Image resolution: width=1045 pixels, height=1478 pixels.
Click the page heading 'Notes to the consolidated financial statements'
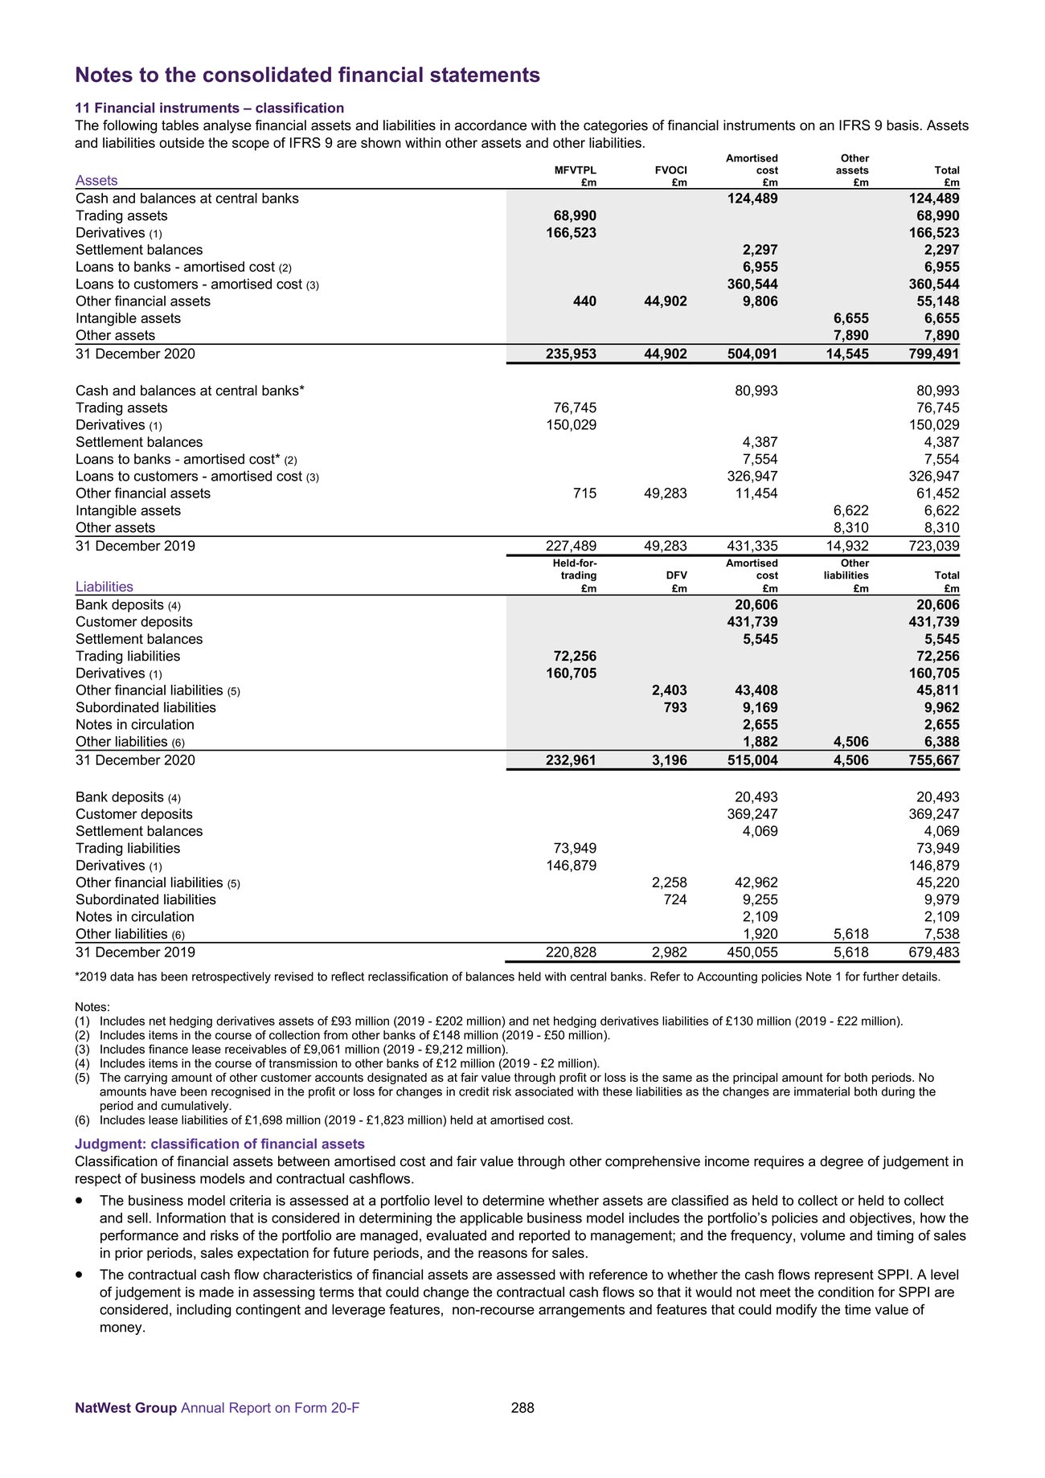click(x=307, y=76)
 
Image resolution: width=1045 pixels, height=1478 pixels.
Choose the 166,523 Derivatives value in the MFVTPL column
click(x=566, y=233)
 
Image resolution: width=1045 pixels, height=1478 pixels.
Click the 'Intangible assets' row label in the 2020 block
click(x=128, y=319)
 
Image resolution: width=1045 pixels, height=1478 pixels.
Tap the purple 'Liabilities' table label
click(x=104, y=588)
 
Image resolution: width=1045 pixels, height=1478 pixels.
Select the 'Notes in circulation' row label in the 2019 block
click(x=135, y=917)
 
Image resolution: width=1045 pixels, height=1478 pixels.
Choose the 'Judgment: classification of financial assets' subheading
click(x=219, y=1144)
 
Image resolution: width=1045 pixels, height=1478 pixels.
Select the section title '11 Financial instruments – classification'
click(x=209, y=108)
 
